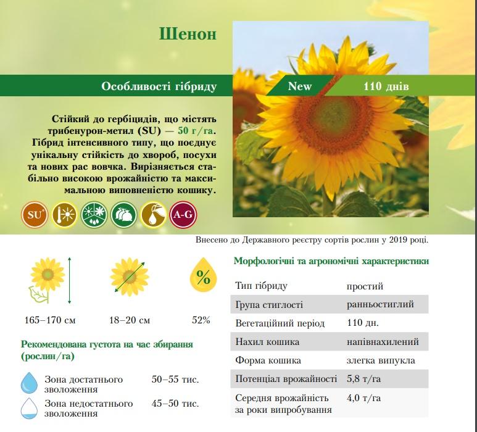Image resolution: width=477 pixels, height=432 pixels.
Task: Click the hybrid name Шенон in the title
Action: [x=188, y=34]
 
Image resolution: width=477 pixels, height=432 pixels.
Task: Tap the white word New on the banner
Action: [x=300, y=86]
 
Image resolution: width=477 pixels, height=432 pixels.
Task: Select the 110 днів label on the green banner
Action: [x=386, y=86]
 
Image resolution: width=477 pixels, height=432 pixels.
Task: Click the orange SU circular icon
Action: [x=35, y=215]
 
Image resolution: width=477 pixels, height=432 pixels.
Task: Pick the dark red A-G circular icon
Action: [x=183, y=215]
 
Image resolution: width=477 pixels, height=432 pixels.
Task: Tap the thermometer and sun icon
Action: [x=64, y=215]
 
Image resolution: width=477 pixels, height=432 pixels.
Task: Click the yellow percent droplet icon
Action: [x=203, y=275]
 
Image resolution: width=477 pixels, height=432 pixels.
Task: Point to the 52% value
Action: [x=201, y=320]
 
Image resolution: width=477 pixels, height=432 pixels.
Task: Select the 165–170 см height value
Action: [x=50, y=320]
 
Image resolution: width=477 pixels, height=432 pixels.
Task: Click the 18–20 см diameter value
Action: [x=130, y=320]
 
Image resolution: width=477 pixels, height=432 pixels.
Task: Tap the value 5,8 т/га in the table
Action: [x=363, y=379]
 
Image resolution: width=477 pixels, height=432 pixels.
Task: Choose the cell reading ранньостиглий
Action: [x=380, y=304]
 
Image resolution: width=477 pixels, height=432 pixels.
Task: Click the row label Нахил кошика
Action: [x=267, y=342]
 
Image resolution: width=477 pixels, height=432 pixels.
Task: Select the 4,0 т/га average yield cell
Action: [x=363, y=397]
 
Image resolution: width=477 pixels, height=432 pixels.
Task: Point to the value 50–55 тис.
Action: [x=175, y=380]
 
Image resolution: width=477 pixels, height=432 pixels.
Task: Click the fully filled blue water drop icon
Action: [x=29, y=383]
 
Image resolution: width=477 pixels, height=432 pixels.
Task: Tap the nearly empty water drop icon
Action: [x=29, y=408]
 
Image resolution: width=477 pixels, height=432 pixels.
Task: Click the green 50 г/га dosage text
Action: [x=195, y=131]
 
